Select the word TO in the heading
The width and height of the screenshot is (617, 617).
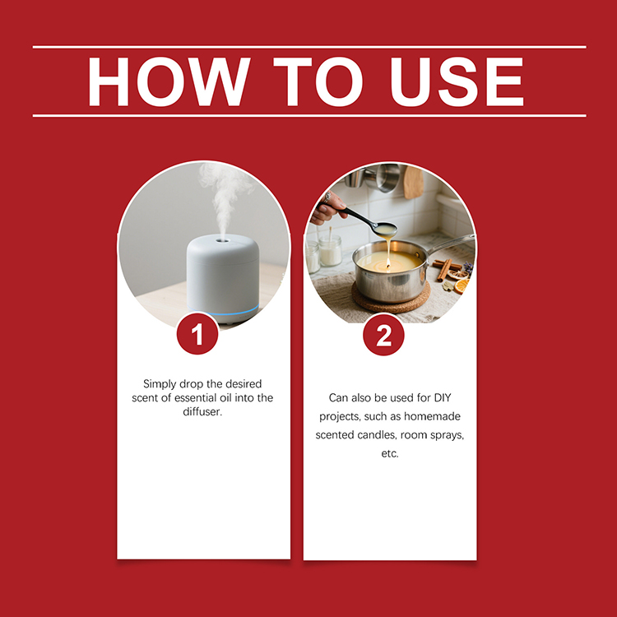click(x=315, y=81)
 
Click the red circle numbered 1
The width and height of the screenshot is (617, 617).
click(x=197, y=335)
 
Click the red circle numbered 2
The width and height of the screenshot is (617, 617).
click(x=383, y=335)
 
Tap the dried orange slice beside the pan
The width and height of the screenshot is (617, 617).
click(x=462, y=285)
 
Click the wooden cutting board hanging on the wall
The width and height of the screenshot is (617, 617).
click(x=413, y=182)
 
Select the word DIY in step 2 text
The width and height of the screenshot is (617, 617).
click(x=451, y=397)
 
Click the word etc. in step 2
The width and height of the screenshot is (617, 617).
click(x=389, y=453)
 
